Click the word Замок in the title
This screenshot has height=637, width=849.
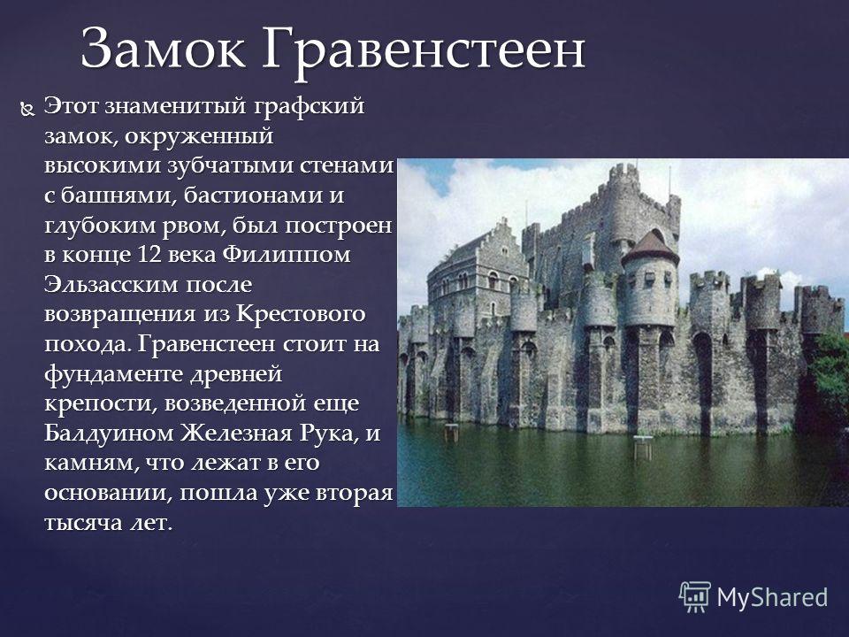[163, 49]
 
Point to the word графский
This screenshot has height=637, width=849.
[310, 107]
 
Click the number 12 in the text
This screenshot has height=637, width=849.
[149, 255]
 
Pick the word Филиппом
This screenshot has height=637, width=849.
[287, 255]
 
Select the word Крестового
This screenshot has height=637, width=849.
[301, 314]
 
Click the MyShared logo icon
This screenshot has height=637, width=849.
[695, 596]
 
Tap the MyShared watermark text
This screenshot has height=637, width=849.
[772, 597]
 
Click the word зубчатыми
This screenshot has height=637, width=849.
[231, 165]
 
